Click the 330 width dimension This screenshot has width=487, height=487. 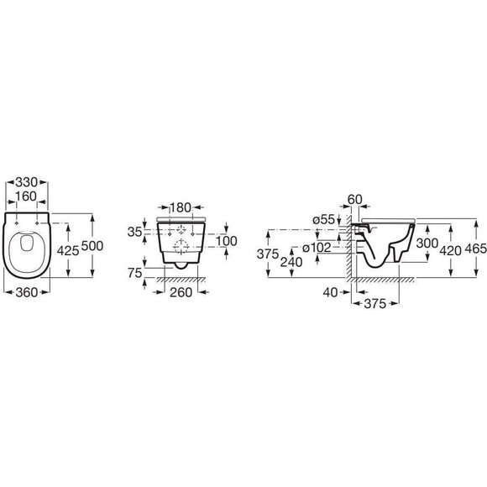26,182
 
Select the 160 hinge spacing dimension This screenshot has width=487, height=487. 26,196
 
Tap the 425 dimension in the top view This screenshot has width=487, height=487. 68,250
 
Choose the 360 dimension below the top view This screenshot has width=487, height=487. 26,292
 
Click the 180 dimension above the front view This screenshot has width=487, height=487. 180,207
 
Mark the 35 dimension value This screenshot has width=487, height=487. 135,232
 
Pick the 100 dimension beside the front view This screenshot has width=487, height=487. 227,241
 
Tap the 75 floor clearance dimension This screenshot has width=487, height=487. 135,273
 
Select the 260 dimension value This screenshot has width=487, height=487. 181,292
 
